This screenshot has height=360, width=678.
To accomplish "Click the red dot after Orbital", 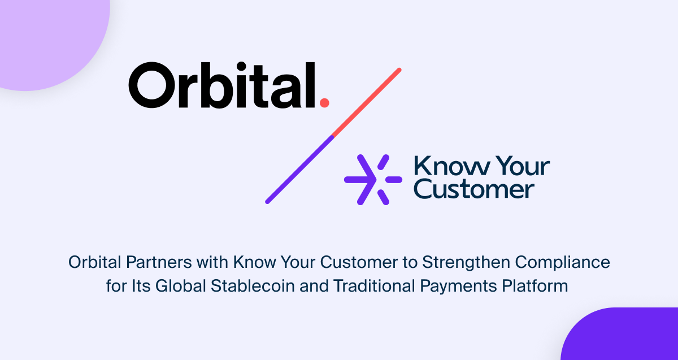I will [324, 102].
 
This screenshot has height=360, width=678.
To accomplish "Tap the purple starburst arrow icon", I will [373, 180].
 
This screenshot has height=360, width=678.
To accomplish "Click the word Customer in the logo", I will [474, 189].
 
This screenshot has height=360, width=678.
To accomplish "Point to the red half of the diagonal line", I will [367, 102].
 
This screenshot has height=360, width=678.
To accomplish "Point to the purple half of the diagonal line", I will [299, 169].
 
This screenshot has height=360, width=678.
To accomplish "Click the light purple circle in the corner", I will [45, 34].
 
